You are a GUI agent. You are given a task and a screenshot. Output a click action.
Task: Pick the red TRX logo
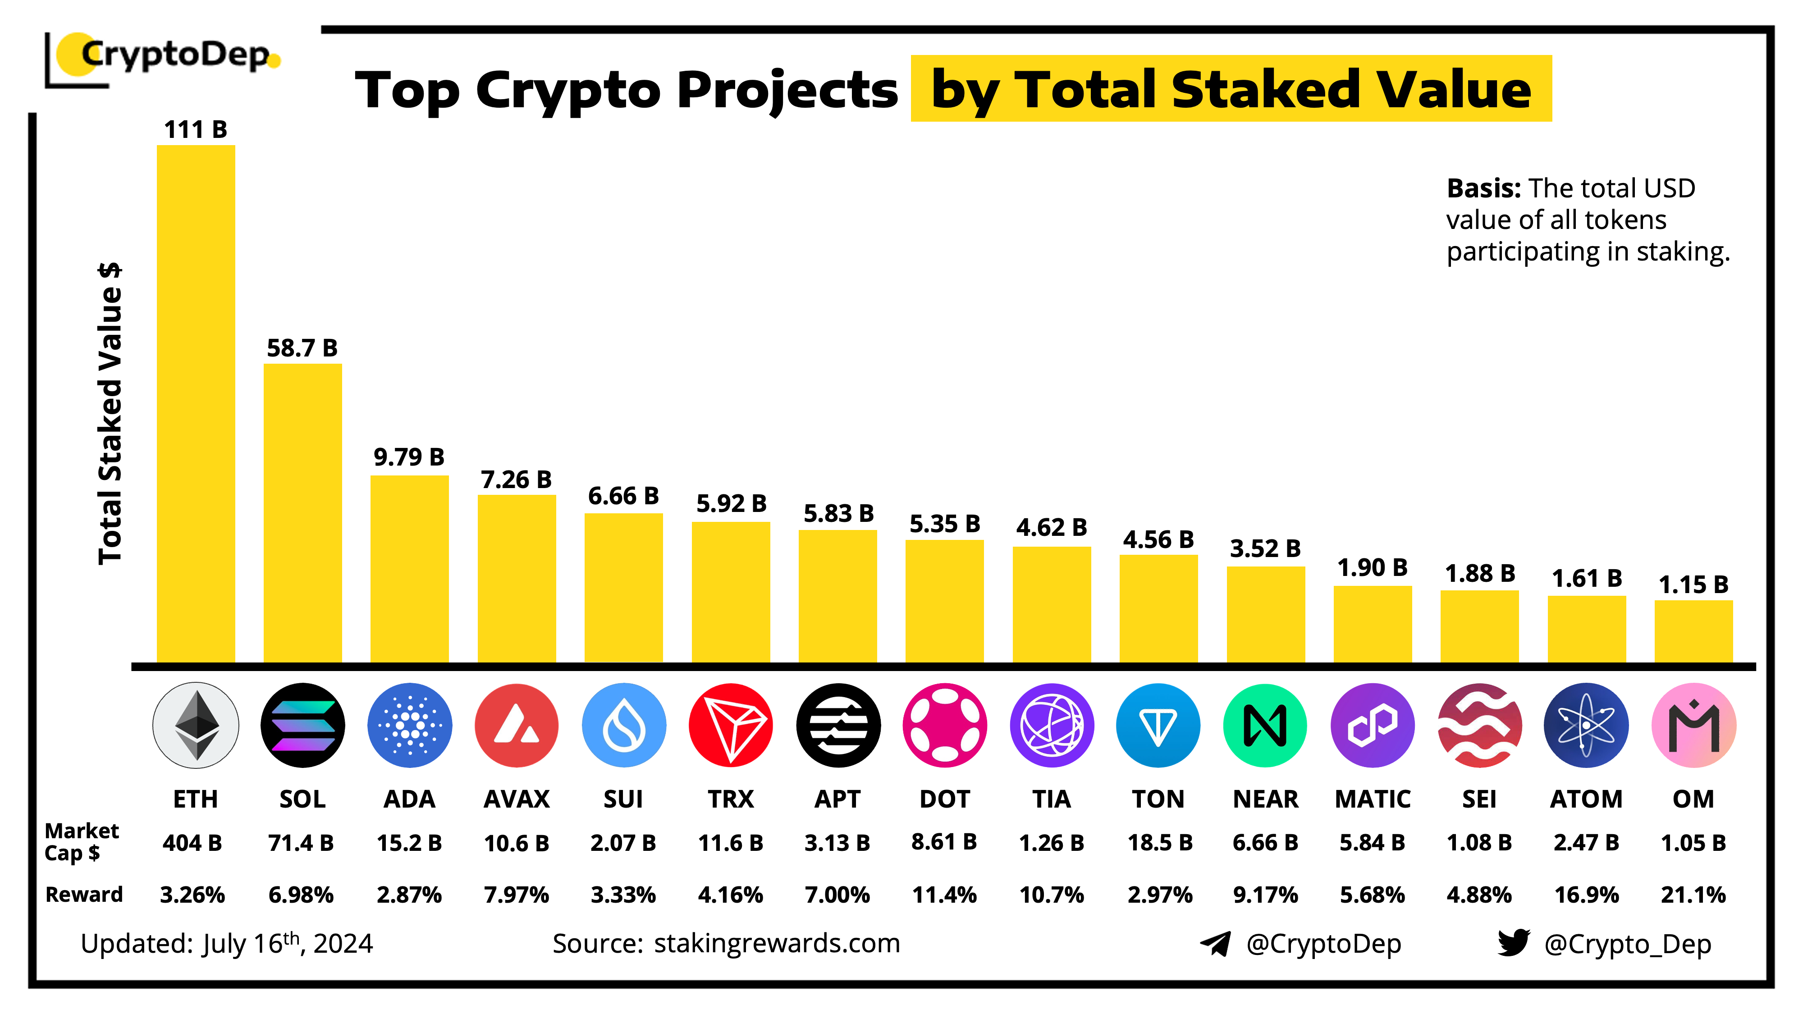coord(730,725)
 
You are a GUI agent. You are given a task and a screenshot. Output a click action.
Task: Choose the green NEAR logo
coord(1265,725)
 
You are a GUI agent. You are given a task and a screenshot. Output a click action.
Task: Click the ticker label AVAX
coord(517,799)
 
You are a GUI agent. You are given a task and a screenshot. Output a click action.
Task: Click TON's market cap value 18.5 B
coord(1159,843)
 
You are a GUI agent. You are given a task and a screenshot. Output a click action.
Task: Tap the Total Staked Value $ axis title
coord(110,413)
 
